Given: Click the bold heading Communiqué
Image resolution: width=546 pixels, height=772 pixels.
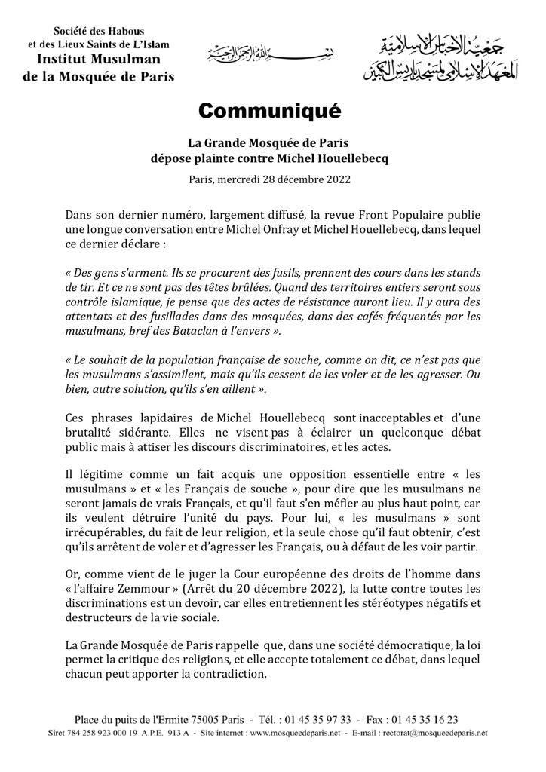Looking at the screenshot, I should pyautogui.click(x=270, y=112).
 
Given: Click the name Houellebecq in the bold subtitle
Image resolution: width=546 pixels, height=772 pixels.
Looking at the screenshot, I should pyautogui.click(x=349, y=158).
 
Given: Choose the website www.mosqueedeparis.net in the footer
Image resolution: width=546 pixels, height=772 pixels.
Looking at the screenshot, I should pyautogui.click(x=280, y=733).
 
